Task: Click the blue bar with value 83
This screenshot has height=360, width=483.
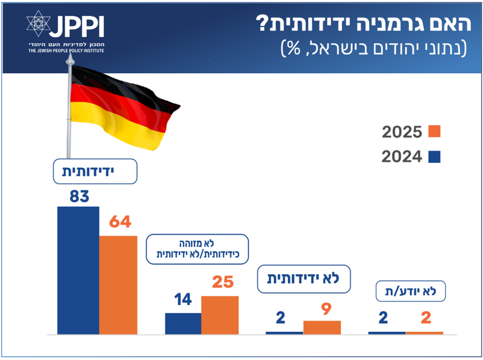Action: (78, 270)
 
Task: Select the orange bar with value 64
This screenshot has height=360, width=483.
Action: (118, 285)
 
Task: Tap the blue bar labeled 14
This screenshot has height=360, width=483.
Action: (183, 323)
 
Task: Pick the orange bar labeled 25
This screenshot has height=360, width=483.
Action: (220, 315)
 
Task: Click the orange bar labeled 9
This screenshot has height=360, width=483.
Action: (322, 327)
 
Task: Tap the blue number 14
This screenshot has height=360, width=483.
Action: (182, 299)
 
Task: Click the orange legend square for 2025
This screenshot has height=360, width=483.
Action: (434, 132)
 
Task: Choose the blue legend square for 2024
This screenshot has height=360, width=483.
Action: (434, 157)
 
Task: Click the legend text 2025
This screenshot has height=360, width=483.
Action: (402, 132)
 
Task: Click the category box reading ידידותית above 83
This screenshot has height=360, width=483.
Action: (95, 171)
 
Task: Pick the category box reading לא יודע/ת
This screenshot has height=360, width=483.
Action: (411, 292)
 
